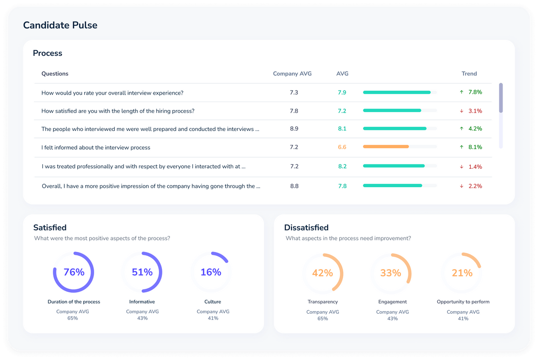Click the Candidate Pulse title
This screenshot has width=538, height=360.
click(x=60, y=25)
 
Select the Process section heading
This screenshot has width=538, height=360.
click(x=47, y=53)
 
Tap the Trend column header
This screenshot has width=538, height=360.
click(x=469, y=74)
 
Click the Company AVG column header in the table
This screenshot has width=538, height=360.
click(x=292, y=74)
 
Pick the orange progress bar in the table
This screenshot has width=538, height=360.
click(x=386, y=147)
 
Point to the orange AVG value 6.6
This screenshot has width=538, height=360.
click(x=342, y=147)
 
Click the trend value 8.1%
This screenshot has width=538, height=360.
click(x=475, y=147)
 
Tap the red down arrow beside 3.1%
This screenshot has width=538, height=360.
click(x=462, y=111)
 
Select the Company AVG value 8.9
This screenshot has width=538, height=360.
click(x=294, y=129)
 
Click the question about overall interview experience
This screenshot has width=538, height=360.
click(x=112, y=93)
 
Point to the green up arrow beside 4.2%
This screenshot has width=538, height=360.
click(x=462, y=129)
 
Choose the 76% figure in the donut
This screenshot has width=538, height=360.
click(x=74, y=272)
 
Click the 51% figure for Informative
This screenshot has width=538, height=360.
click(x=142, y=272)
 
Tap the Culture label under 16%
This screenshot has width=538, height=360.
click(x=213, y=302)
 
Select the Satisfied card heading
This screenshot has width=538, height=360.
click(x=50, y=228)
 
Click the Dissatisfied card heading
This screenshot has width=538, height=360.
click(x=306, y=228)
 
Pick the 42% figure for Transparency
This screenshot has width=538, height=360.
click(x=322, y=273)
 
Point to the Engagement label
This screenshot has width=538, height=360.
click(x=393, y=302)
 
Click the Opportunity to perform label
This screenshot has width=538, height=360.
click(x=463, y=302)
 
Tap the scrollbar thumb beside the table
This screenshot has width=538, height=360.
click(x=501, y=97)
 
